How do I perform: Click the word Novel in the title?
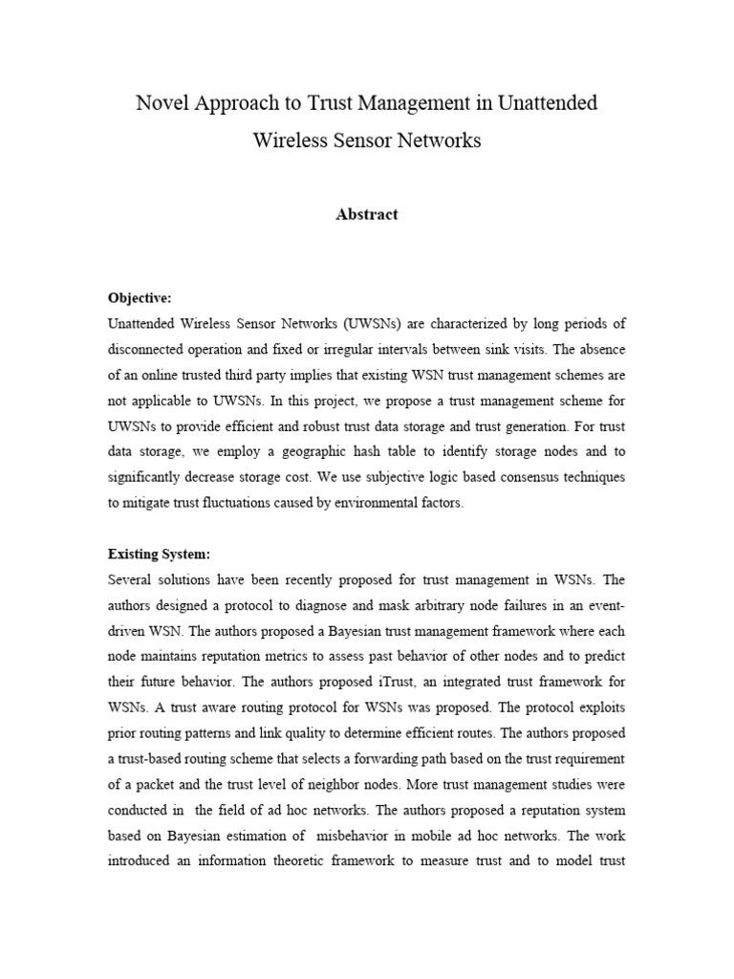click(x=162, y=103)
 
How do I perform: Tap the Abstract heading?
click(x=367, y=215)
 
